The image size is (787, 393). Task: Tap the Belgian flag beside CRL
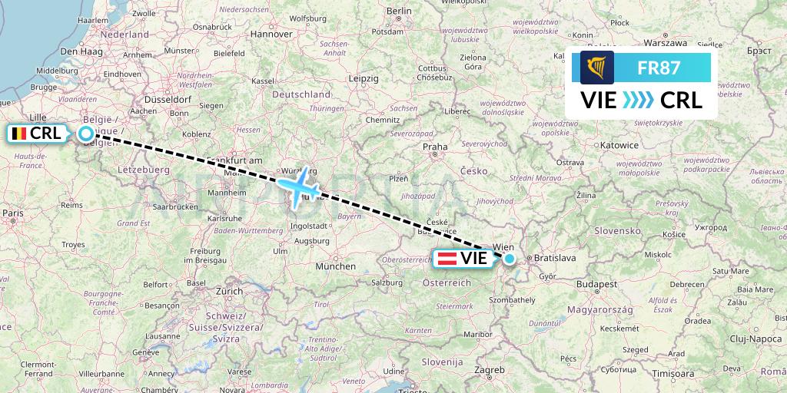(x=18, y=133)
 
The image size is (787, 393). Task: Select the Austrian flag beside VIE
(x=447, y=259)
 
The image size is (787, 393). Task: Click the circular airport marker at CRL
(x=86, y=134)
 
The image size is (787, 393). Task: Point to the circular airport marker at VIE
(x=509, y=259)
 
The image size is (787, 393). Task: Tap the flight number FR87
(x=659, y=68)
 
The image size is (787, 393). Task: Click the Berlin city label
(x=400, y=11)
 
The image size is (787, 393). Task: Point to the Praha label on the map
(x=434, y=147)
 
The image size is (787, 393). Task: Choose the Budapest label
(x=596, y=284)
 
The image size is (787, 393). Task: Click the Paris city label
(x=12, y=213)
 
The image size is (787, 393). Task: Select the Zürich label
(x=228, y=292)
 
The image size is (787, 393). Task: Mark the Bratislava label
(x=555, y=259)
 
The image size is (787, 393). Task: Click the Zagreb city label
(x=489, y=369)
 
